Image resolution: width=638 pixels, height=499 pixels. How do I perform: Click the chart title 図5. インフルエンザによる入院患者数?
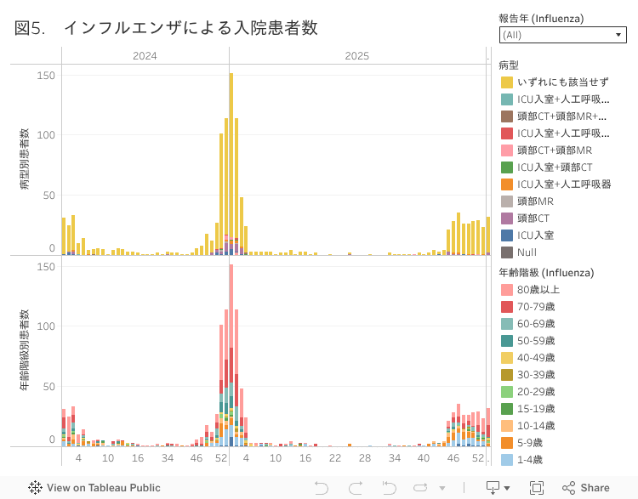[x=166, y=28]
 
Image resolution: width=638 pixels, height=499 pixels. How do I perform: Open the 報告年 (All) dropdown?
[x=563, y=35]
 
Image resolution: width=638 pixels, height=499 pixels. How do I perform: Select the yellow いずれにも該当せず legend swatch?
[x=507, y=82]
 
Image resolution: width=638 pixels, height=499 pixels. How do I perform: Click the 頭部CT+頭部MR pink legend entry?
[x=554, y=150]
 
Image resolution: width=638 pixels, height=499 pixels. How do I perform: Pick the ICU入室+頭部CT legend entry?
[x=554, y=167]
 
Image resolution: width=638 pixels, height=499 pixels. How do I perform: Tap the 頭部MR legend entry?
[x=535, y=201]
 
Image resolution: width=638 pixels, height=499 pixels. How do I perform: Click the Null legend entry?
[x=527, y=252]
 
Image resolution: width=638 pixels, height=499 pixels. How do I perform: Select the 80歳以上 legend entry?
[x=538, y=290]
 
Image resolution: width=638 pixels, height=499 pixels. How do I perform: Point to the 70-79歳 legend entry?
[x=536, y=307]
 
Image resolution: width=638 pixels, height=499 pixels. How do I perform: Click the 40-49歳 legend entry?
[x=536, y=358]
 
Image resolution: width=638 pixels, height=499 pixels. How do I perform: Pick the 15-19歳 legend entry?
[x=536, y=409]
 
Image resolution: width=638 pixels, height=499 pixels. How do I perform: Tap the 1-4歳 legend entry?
[x=533, y=460]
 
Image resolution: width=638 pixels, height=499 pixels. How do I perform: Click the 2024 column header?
[x=145, y=55]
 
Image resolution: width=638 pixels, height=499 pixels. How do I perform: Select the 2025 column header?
[x=357, y=55]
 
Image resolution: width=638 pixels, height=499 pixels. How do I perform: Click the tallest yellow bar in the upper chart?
[x=231, y=162]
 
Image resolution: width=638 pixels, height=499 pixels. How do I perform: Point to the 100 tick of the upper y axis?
[x=46, y=135]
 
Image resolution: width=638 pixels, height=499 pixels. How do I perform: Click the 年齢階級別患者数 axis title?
[x=25, y=350]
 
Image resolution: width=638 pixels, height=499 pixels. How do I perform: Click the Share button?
[x=586, y=488]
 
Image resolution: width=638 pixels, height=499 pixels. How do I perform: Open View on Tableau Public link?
[x=94, y=488]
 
